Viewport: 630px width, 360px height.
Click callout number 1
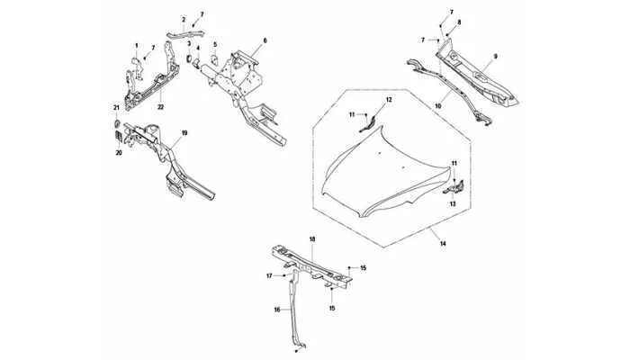(137, 46)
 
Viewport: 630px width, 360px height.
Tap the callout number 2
(184, 20)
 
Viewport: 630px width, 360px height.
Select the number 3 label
(188, 43)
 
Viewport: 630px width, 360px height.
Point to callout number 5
(215, 44)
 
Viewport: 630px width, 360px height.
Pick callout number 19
(184, 133)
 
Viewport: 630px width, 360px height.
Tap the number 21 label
(116, 109)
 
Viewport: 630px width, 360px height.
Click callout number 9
(494, 57)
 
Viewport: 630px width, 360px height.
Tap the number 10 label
(438, 104)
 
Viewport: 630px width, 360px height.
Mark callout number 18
(312, 238)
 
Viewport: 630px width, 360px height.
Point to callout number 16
(277, 309)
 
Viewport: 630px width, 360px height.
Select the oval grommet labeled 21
(116, 121)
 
